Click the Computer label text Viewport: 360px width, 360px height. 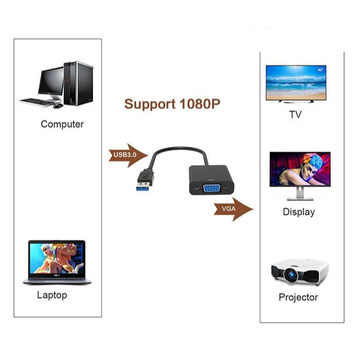(62, 124)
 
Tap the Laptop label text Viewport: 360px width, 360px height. (52, 295)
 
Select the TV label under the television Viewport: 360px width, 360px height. (295, 115)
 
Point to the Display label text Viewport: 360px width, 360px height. (298, 212)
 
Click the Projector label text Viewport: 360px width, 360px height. (298, 297)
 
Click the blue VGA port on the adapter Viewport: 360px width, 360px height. (211, 188)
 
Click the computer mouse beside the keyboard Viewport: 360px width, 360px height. (58, 106)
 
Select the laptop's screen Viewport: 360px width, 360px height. (57, 258)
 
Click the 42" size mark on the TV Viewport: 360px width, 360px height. (321, 69)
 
